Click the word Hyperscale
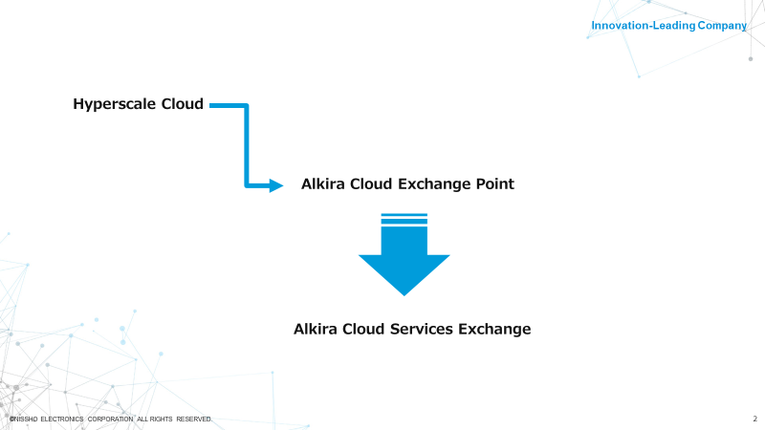click(114, 104)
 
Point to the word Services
click(422, 329)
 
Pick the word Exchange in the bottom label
click(494, 330)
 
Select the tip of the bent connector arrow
click(283, 185)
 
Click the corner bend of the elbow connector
click(247, 106)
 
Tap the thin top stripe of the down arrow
click(404, 214)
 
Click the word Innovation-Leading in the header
click(643, 26)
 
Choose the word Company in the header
click(722, 26)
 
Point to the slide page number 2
click(754, 419)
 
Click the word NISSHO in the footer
click(26, 419)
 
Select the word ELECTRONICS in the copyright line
click(62, 419)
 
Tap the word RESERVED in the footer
click(194, 419)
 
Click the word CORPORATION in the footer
click(110, 419)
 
